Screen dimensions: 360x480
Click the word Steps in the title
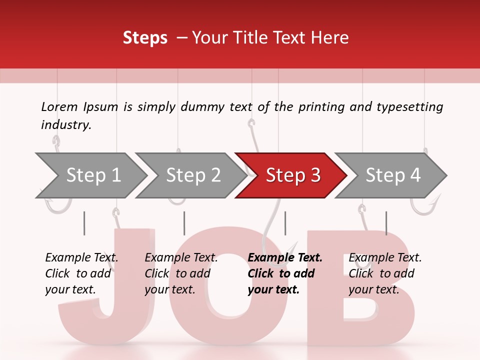(145, 38)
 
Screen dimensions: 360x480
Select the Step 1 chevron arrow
(90, 175)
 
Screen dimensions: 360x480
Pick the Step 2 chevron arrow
(190, 175)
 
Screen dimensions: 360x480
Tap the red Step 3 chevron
(291, 175)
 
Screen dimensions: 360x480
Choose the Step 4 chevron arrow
(391, 175)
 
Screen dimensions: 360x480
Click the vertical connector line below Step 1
(84, 223)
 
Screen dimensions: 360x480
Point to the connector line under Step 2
(184, 223)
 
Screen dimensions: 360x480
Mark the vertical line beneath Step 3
(285, 223)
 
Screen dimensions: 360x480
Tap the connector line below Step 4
(386, 223)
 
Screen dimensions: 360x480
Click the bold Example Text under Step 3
(285, 257)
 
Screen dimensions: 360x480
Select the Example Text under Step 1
(81, 257)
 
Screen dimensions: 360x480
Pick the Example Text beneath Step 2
(181, 257)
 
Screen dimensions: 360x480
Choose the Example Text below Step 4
(385, 257)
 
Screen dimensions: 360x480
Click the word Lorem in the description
(59, 106)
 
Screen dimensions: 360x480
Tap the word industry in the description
(65, 124)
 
